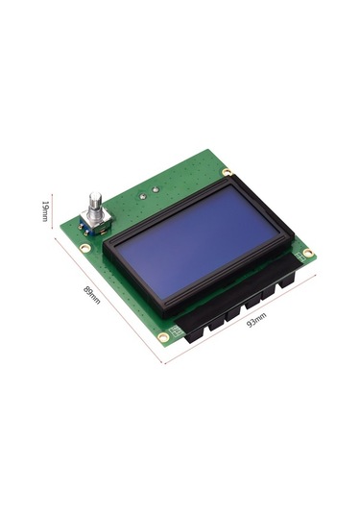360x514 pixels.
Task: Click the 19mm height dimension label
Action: click(x=44, y=210)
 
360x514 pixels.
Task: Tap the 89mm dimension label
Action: click(x=92, y=294)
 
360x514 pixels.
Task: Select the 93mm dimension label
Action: click(x=256, y=324)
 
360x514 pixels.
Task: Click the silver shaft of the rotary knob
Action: click(x=95, y=205)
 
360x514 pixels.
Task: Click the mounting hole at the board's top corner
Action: click(x=227, y=172)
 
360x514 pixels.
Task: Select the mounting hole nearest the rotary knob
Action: click(x=85, y=247)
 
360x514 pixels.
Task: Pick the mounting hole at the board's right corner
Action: click(x=308, y=254)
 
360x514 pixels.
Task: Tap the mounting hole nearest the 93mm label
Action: click(x=164, y=336)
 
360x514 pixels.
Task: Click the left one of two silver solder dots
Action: click(x=142, y=192)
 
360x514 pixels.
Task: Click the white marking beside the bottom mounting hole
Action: click(x=175, y=329)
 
